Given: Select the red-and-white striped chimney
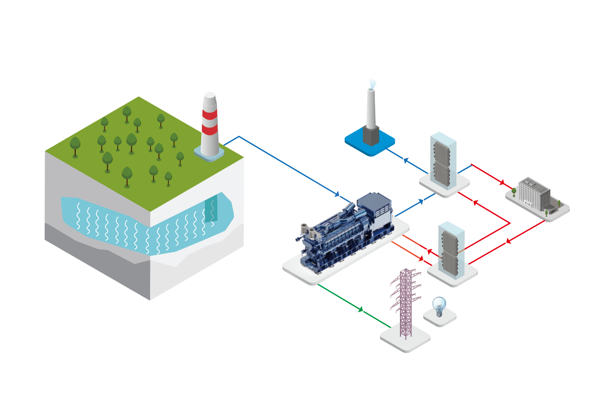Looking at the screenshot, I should tap(210, 126).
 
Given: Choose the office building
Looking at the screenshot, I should tap(534, 194).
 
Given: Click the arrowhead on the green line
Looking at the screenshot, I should tap(361, 309).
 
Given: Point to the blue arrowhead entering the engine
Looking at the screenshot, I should tap(337, 194).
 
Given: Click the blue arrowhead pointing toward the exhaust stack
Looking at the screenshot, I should tap(405, 160).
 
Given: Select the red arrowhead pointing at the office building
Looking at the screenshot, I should tap(502, 182).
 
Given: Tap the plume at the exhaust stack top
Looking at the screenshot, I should tap(372, 84).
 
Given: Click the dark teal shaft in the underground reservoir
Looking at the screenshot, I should tap(211, 208).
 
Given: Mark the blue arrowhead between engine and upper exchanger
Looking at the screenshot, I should tap(421, 201).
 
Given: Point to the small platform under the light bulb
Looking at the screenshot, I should tap(440, 319).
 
